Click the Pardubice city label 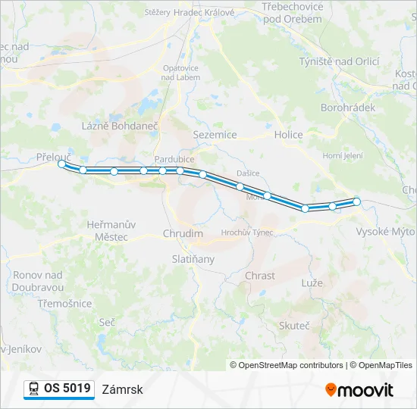click(174, 159)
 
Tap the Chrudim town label click(183, 234)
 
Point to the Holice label click(288, 135)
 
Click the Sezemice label click(215, 135)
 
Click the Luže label click(312, 283)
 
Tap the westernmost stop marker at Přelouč click(61, 163)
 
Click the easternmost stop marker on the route click(356, 201)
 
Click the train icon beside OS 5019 click(33, 389)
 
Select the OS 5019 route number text click(67, 389)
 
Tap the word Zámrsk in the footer click(122, 389)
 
